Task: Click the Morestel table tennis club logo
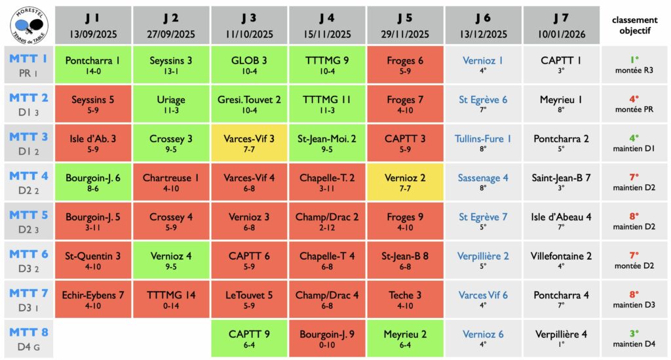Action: tap(28, 24)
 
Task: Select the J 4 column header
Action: tap(327, 25)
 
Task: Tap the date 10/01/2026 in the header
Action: tap(561, 34)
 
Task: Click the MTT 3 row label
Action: tap(28, 143)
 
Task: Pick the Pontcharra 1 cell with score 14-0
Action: tap(93, 64)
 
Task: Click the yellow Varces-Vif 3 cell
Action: tap(249, 143)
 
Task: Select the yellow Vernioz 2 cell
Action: tap(405, 182)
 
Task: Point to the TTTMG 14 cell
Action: tap(171, 299)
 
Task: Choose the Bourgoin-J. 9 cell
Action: tap(327, 338)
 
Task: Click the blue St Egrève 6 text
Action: tap(483, 100)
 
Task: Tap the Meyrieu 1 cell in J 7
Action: tap(561, 104)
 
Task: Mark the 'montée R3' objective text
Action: tap(634, 70)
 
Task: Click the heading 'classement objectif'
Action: tap(634, 25)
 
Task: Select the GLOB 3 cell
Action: tap(249, 64)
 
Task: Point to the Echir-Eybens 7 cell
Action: tap(93, 299)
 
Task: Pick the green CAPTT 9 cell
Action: tap(249, 338)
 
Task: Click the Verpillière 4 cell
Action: tap(561, 338)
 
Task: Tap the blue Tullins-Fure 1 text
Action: tap(483, 139)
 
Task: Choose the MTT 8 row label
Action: tap(28, 338)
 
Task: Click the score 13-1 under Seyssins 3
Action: tap(171, 71)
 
